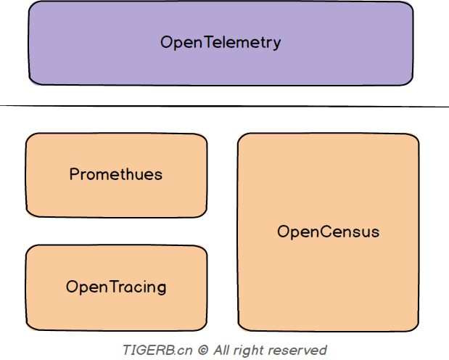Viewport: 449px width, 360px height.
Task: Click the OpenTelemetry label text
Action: [x=220, y=42]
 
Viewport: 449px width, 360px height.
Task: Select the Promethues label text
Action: [x=116, y=174]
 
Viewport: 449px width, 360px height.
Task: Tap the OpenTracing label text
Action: [x=116, y=287]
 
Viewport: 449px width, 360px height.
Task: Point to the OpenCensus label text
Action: [x=328, y=232]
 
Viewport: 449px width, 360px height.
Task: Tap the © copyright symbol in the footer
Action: [x=203, y=350]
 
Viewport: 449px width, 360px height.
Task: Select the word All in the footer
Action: [x=222, y=350]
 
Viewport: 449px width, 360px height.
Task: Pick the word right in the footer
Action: [x=250, y=350]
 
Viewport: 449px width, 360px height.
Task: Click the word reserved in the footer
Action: [x=298, y=350]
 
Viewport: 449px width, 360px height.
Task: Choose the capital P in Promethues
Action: [x=74, y=174]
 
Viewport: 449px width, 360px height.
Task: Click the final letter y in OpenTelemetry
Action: [x=276, y=44]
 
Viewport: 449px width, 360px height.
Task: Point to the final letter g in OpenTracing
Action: [x=161, y=288]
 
